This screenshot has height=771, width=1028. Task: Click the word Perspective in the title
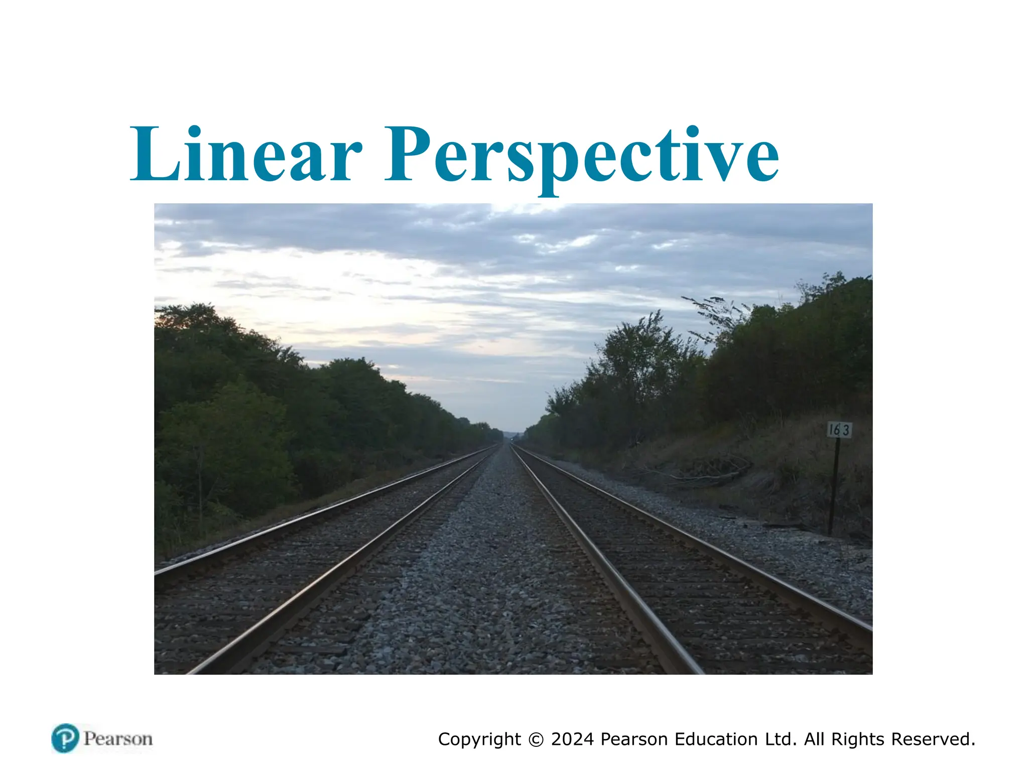(x=581, y=156)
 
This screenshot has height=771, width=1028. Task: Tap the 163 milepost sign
(x=839, y=430)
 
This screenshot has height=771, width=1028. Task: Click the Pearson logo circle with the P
(x=65, y=738)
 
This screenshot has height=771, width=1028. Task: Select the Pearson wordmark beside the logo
(x=118, y=739)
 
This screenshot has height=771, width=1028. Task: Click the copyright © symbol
(x=536, y=739)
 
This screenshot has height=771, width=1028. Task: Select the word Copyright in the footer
(x=479, y=740)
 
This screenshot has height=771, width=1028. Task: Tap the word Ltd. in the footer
(x=781, y=739)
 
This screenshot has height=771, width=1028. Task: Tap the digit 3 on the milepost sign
(x=846, y=430)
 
